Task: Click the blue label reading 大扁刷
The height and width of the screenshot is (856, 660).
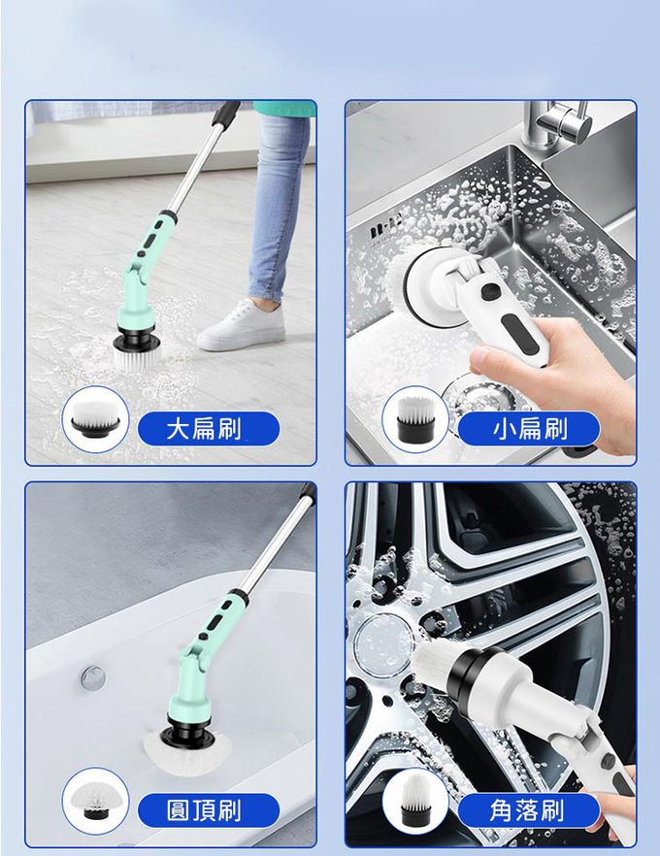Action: (209, 429)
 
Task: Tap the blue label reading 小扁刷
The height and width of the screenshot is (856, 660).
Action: (528, 429)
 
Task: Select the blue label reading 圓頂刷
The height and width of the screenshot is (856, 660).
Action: (209, 810)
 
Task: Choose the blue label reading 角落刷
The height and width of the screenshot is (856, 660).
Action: (528, 810)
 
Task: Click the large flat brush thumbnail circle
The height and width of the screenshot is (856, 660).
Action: (95, 419)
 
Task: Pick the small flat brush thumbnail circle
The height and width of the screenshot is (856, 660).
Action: (415, 419)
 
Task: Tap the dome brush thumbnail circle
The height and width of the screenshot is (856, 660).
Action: (95, 801)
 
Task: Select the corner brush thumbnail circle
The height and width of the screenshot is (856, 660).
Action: (415, 801)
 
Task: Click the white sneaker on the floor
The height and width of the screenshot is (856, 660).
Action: (242, 325)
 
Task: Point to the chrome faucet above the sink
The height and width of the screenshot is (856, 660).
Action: (557, 123)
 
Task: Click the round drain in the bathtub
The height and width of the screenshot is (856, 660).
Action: (93, 677)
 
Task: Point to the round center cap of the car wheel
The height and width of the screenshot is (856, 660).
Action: (383, 640)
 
